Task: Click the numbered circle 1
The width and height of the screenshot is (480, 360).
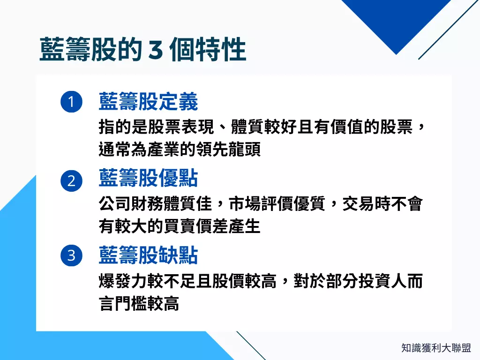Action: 71,102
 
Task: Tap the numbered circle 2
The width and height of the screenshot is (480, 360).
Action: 71,180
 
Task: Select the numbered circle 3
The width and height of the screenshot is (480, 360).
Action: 71,255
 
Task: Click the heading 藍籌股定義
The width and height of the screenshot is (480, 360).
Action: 148,101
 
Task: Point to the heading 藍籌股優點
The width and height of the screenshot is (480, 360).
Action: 148,178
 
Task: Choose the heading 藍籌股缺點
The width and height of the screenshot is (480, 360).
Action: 148,255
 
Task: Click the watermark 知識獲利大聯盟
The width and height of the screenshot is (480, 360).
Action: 436,348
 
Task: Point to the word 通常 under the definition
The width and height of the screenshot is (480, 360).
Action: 115,150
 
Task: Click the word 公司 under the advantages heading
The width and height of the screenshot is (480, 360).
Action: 115,204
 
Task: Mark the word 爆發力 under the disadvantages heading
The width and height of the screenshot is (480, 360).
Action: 123,281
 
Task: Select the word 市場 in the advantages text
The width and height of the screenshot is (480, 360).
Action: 245,204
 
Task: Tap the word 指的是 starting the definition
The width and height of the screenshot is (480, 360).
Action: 123,127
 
